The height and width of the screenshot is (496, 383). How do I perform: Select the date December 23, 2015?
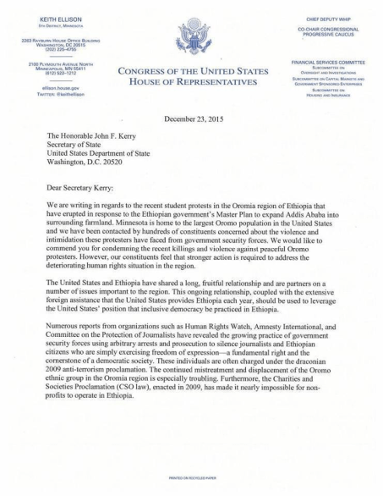pos(191,120)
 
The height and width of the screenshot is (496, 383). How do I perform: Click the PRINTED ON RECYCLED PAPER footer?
pos(191,478)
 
